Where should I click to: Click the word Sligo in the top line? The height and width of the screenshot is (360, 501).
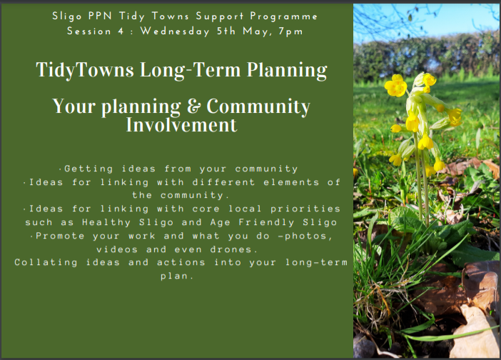tap(67, 16)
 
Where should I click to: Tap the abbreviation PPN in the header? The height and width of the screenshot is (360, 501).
tap(100, 16)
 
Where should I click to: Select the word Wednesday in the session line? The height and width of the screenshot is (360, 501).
tap(175, 31)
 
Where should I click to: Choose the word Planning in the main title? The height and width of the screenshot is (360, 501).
tap(287, 70)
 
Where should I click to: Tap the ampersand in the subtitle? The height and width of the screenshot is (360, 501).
tap(193, 106)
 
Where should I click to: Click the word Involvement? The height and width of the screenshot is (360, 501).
tap(181, 125)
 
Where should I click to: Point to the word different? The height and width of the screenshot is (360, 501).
tap(223, 182)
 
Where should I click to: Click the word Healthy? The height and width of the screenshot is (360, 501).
tap(106, 223)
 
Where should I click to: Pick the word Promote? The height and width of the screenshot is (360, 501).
tap(60, 236)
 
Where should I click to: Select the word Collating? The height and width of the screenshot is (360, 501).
tap(46, 262)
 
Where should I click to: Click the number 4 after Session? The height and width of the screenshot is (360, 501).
tap(121, 31)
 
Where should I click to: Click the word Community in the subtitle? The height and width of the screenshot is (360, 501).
tap(258, 106)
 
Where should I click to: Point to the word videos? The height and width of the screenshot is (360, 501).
tap(117, 249)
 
